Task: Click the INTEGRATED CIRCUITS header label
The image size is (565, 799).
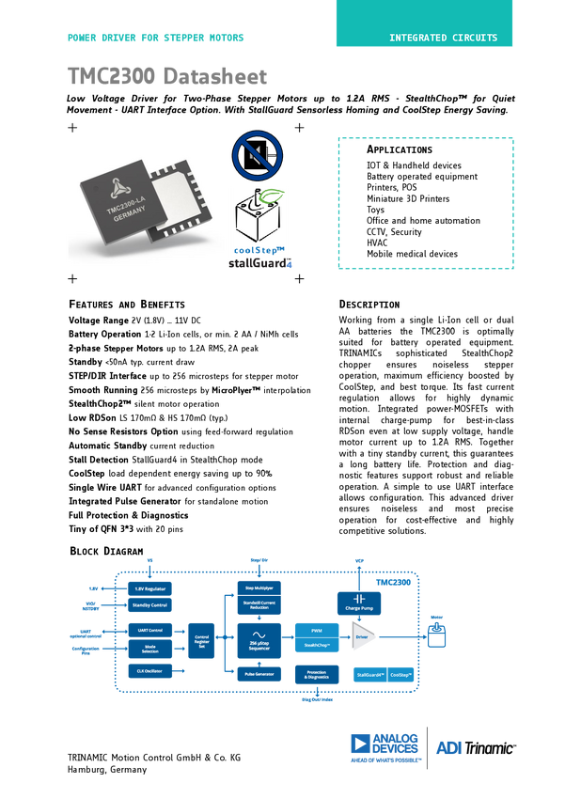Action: tap(443, 39)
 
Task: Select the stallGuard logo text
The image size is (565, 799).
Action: tap(260, 264)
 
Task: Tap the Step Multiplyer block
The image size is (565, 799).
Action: tap(259, 587)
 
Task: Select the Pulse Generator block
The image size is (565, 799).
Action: tap(259, 673)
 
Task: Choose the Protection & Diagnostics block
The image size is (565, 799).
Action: tap(316, 674)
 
